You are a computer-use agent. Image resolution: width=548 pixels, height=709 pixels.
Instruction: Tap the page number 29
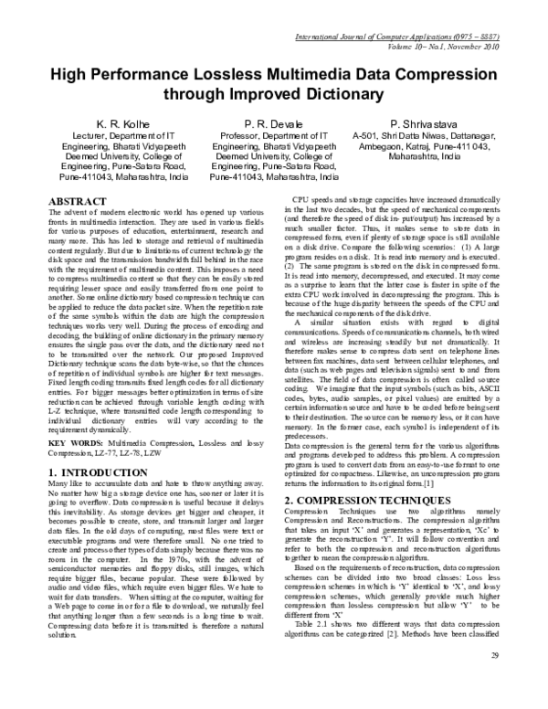pyautogui.click(x=493, y=682)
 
